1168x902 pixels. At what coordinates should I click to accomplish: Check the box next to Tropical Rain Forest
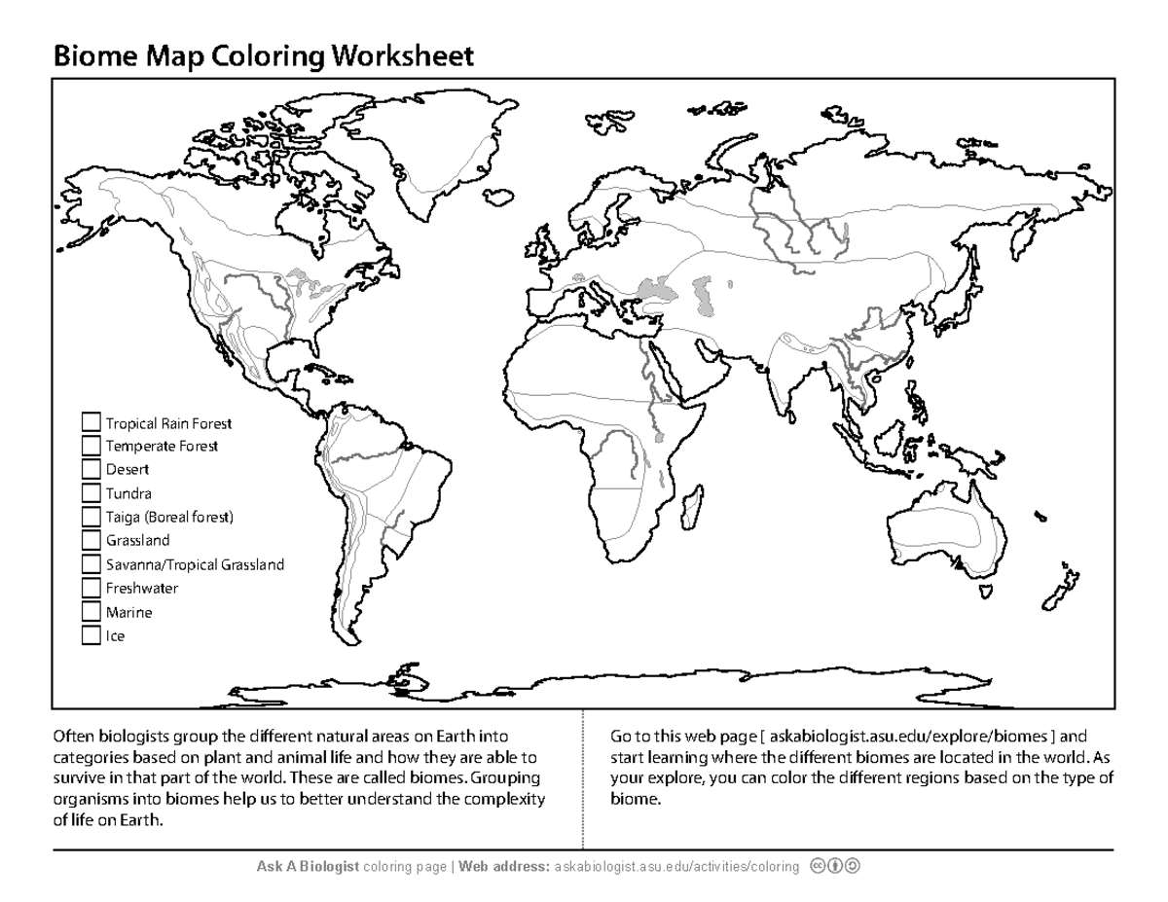pyautogui.click(x=91, y=422)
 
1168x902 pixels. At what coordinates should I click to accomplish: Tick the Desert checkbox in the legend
pyautogui.click(x=91, y=470)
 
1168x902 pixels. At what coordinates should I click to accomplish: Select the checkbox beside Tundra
pyautogui.click(x=91, y=493)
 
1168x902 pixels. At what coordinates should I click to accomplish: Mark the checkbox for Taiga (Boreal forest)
pyautogui.click(x=91, y=517)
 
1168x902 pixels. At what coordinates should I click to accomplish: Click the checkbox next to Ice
pyautogui.click(x=91, y=636)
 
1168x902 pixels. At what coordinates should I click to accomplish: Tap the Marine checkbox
pyautogui.click(x=91, y=612)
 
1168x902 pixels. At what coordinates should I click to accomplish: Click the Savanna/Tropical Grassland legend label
pyautogui.click(x=195, y=564)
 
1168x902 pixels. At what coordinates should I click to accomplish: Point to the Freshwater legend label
pyautogui.click(x=142, y=589)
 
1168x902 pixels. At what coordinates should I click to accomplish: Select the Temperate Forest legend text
pyautogui.click(x=162, y=447)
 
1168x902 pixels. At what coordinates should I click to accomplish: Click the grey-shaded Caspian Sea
pyautogui.click(x=650, y=288)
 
